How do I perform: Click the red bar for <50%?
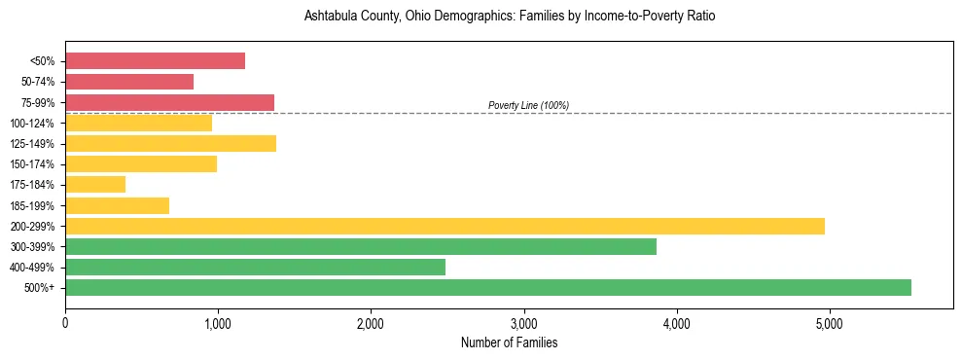(x=155, y=61)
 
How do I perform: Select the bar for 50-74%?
(x=129, y=82)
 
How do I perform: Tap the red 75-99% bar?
(x=169, y=102)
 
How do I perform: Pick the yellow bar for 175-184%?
(x=95, y=184)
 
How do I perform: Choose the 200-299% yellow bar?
(x=445, y=226)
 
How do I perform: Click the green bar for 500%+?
(x=488, y=287)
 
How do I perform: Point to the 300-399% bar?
(x=361, y=246)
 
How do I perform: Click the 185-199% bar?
(x=117, y=205)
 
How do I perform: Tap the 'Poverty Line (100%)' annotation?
(x=528, y=105)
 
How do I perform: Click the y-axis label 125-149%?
(x=32, y=144)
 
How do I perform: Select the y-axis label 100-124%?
(x=32, y=124)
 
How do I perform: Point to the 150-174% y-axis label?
(x=32, y=164)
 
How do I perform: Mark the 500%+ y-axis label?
(x=40, y=288)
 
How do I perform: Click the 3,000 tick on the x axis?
(x=523, y=323)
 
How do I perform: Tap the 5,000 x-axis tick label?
(x=829, y=323)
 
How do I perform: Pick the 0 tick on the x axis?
(x=65, y=323)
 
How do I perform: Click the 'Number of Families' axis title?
(x=509, y=342)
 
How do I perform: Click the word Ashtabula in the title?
(x=331, y=17)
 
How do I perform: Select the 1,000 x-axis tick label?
(x=218, y=323)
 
